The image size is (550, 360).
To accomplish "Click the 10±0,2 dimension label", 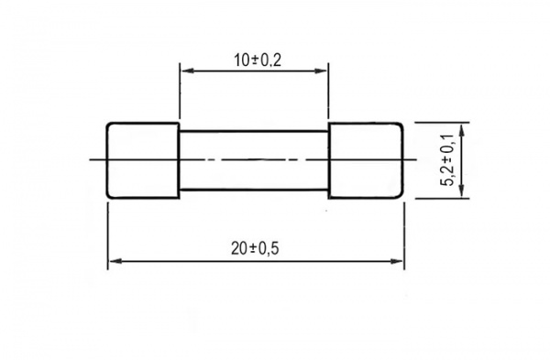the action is pos(258,60).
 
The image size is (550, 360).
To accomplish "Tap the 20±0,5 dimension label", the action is pos(255,249).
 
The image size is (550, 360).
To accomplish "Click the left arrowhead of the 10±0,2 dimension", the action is pos(188,71).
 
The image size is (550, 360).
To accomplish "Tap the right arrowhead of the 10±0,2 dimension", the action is pos(321,71).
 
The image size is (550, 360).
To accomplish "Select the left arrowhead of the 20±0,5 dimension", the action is pos(115,261).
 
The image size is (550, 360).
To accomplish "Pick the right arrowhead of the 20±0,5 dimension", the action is pos(397,261).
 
